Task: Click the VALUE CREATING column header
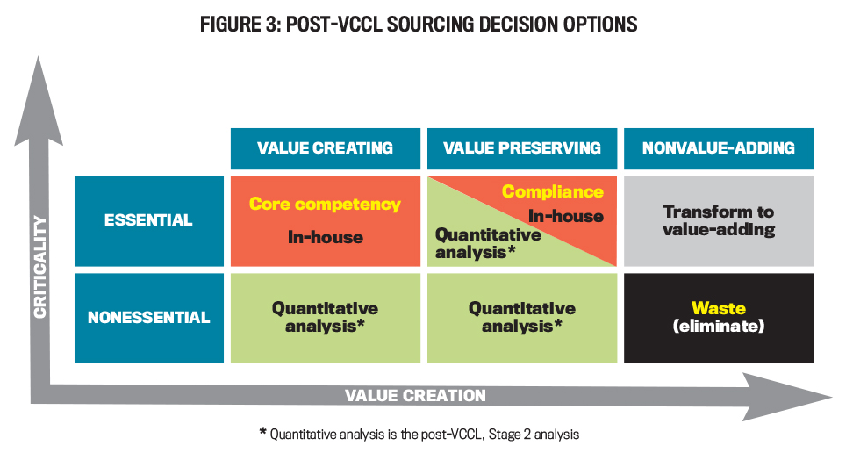coord(326,148)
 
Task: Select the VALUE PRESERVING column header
coord(522,148)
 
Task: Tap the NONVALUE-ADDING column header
coord(719,148)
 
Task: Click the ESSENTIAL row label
coord(149,221)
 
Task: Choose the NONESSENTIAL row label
coord(149,318)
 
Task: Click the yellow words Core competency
coord(325,205)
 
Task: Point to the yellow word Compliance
coord(553,191)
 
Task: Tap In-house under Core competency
coord(326,237)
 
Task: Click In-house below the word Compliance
coord(566,216)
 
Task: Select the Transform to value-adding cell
coord(719,221)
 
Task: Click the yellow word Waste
coord(719,308)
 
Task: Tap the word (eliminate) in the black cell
coord(719,326)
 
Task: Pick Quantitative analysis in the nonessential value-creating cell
coord(326,318)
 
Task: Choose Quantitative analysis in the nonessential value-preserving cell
coord(522,318)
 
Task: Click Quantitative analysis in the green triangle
coord(488,243)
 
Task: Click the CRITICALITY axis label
coord(39,267)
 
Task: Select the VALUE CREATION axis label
coord(416,395)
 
